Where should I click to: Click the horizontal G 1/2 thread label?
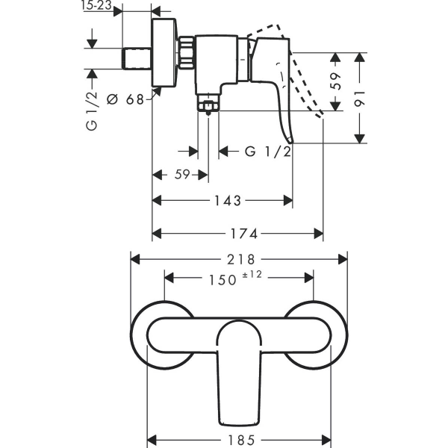tap(267, 152)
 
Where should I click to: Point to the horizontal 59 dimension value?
tap(181, 175)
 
